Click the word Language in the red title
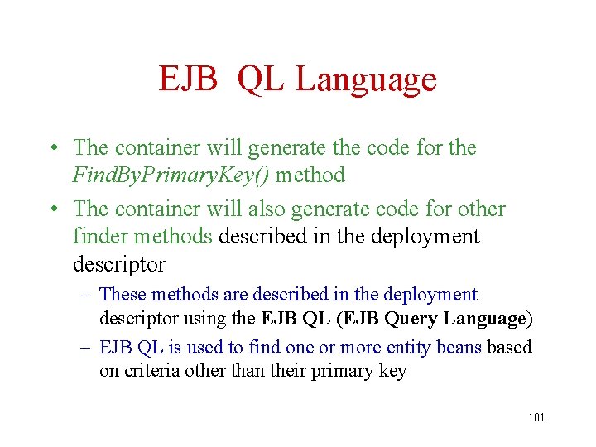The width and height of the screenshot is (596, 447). pyautogui.click(x=366, y=80)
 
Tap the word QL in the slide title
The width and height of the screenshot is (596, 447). pyautogui.click(x=260, y=80)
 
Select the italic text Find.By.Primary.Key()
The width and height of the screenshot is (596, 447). pyautogui.click(x=171, y=175)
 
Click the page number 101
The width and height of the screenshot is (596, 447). pyautogui.click(x=536, y=417)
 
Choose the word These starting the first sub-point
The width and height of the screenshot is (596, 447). pyautogui.click(x=123, y=295)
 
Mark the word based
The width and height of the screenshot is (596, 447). pyautogui.click(x=509, y=347)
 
